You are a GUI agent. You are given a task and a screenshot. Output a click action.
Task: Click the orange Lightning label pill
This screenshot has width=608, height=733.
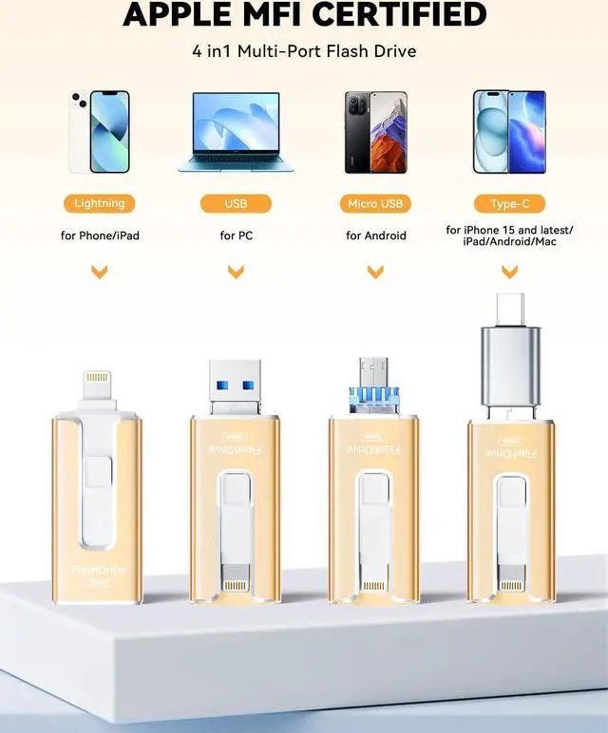click(x=99, y=203)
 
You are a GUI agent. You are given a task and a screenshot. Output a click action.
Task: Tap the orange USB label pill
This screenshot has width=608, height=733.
click(x=236, y=203)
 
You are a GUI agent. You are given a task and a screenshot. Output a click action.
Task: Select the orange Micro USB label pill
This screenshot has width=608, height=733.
click(x=375, y=203)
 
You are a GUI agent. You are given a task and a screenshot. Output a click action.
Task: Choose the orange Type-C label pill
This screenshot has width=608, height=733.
click(x=509, y=203)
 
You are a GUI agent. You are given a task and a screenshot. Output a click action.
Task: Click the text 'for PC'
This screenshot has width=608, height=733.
click(x=236, y=235)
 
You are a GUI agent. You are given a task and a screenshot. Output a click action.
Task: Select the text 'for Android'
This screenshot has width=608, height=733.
click(x=375, y=235)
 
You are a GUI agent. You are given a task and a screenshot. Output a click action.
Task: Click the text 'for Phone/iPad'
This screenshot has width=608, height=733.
click(x=99, y=235)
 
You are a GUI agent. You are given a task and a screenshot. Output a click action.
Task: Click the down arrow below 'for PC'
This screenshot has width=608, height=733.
click(x=236, y=273)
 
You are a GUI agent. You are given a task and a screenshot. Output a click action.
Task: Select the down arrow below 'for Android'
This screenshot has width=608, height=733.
click(x=375, y=273)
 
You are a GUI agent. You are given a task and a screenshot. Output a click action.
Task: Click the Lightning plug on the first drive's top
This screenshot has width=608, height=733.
click(x=99, y=386)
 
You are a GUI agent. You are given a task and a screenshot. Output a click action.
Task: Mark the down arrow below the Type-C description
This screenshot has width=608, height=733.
click(x=509, y=273)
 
